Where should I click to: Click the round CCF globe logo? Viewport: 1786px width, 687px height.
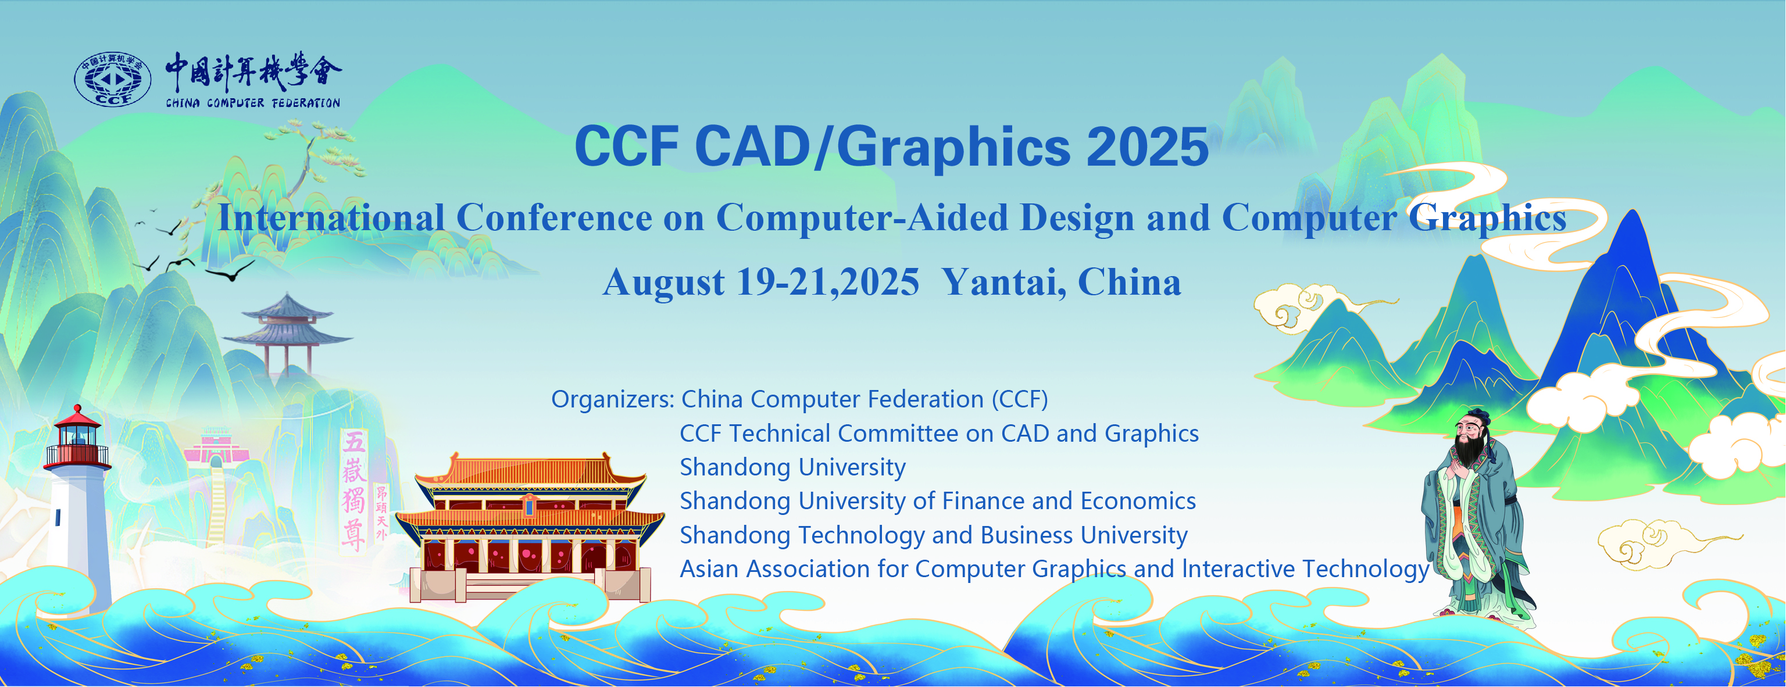point(112,79)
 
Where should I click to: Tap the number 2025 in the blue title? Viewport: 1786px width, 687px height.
point(1148,147)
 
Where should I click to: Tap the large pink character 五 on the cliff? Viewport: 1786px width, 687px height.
point(354,442)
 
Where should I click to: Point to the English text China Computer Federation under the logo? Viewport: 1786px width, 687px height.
point(252,103)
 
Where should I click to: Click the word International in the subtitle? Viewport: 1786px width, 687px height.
point(331,218)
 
